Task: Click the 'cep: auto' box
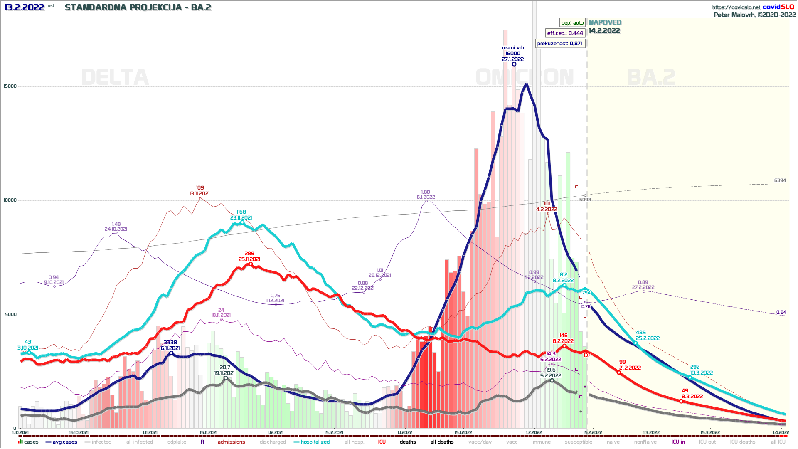tap(572, 23)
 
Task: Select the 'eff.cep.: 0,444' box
tap(565, 33)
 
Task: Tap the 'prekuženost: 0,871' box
tap(559, 44)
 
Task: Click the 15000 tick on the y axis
tap(10, 86)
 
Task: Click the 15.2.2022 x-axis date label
tap(593, 432)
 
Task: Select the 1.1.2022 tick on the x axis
tap(405, 432)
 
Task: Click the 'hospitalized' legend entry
tap(315, 442)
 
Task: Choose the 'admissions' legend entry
tap(231, 442)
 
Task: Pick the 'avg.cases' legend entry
tap(64, 442)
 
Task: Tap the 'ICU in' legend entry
tap(678, 442)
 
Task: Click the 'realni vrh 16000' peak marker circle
tap(514, 64)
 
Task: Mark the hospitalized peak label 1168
tap(241, 212)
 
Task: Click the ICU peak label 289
tap(249, 254)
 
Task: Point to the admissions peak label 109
tap(200, 188)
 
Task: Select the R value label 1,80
tap(426, 192)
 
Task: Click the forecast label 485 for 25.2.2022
tap(641, 333)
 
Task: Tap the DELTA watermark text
tap(115, 77)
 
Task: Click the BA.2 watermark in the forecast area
tap(651, 77)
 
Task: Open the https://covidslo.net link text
tap(736, 7)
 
